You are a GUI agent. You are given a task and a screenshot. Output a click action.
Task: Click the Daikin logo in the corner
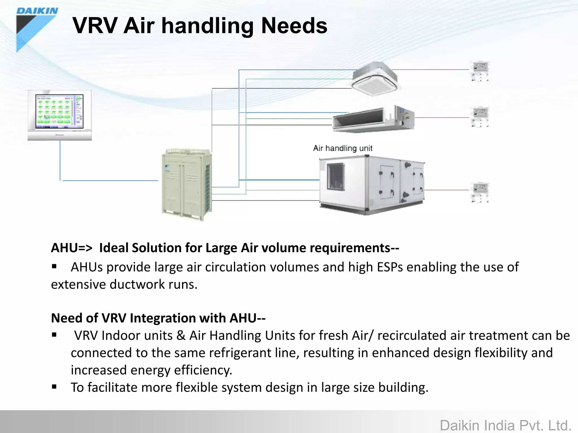coord(37,28)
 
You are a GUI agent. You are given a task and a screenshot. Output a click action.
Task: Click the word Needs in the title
coord(294,26)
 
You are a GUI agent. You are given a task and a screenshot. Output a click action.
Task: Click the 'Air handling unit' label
coord(343,148)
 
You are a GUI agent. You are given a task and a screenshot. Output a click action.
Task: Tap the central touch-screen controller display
coord(60,112)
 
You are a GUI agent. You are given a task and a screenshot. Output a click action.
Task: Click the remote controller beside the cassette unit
coord(480,71)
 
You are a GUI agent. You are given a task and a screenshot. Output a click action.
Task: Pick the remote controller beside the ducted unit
coord(480,117)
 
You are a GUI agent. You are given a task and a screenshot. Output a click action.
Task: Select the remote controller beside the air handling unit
coord(480,192)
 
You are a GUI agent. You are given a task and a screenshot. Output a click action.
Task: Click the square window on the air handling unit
coord(335,176)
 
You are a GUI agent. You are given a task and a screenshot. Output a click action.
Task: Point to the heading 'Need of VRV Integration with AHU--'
coord(158,318)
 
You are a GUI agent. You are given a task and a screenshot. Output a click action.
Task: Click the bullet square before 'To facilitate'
coord(54,387)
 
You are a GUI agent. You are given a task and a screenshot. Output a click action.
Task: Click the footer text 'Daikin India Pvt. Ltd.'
coord(505,425)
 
